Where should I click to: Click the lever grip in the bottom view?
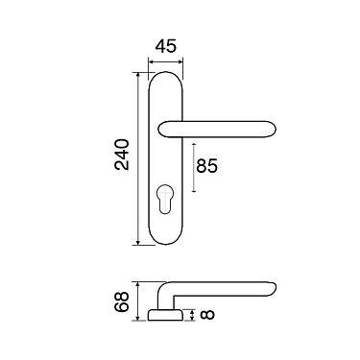click(230, 287)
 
